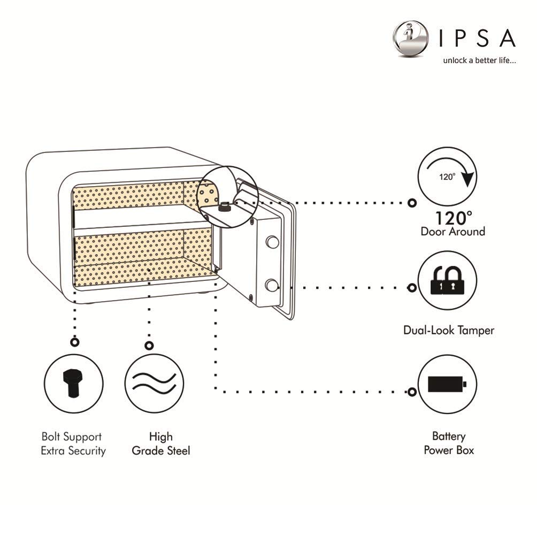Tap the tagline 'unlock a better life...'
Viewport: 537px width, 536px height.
tap(479, 61)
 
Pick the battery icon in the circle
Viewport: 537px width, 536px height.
tap(447, 384)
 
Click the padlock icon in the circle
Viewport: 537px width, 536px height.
tap(447, 281)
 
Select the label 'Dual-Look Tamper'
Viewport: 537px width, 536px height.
tap(448, 330)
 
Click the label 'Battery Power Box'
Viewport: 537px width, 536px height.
tap(449, 443)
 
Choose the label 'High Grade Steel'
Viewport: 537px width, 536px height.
tap(160, 443)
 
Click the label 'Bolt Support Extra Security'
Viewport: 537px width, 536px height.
tap(73, 443)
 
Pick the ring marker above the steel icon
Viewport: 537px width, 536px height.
tap(149, 346)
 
